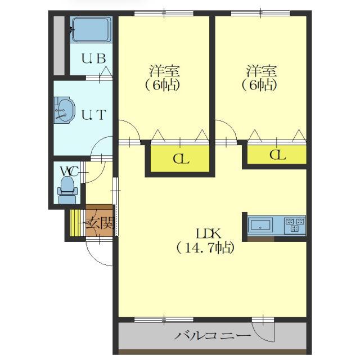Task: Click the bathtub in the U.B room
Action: tap(91, 30)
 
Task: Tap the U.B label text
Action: tap(94, 58)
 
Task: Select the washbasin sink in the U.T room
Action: tap(65, 109)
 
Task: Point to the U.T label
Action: tap(94, 115)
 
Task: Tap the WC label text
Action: tap(69, 171)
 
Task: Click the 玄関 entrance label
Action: tap(100, 223)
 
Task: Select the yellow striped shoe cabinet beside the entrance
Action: tap(75, 223)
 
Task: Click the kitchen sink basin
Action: tap(260, 225)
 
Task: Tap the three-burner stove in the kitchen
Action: tap(295, 225)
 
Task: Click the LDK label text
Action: tap(209, 234)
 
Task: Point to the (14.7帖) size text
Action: tap(205, 248)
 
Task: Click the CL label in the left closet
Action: tap(181, 159)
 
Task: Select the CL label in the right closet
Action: tap(277, 155)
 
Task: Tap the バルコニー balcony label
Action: tap(213, 336)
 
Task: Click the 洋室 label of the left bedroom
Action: tap(164, 71)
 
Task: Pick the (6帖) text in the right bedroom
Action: tap(259, 85)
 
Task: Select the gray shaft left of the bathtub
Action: tap(59, 46)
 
